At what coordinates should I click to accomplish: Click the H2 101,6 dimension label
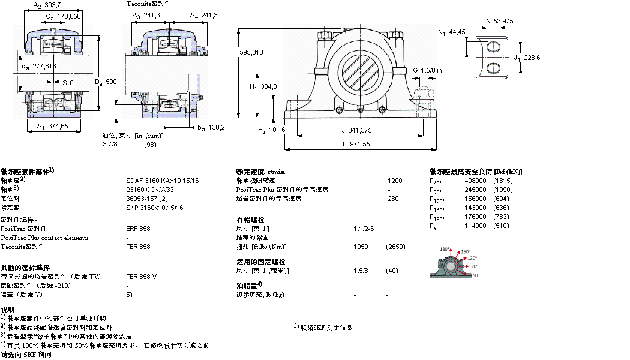(x=271, y=130)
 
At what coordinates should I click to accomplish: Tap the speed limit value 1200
(x=395, y=181)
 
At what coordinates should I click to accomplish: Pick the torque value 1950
(x=361, y=247)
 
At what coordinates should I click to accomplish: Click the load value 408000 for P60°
(x=475, y=181)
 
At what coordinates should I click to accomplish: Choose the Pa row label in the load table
(x=433, y=226)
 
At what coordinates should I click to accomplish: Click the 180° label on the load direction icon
(x=445, y=249)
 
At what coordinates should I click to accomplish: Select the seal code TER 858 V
(x=142, y=277)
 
